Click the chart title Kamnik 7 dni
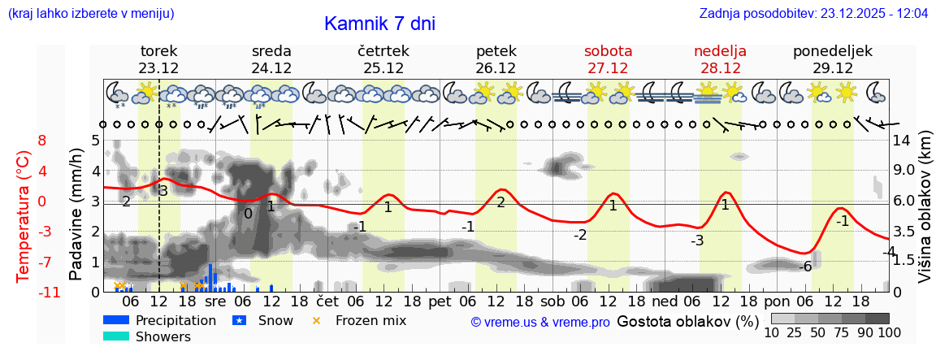tap(379, 24)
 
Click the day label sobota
tap(608, 51)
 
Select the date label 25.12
tap(383, 68)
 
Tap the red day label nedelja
tap(720, 51)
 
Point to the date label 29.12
tap(833, 68)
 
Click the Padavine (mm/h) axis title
tap(76, 215)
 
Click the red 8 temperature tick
tap(42, 141)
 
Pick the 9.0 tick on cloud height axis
tap(904, 171)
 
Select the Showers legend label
tap(163, 337)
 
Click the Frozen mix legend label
tap(370, 321)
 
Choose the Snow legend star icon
tap(239, 321)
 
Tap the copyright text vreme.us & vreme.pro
tap(540, 323)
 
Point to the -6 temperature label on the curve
tap(805, 267)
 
